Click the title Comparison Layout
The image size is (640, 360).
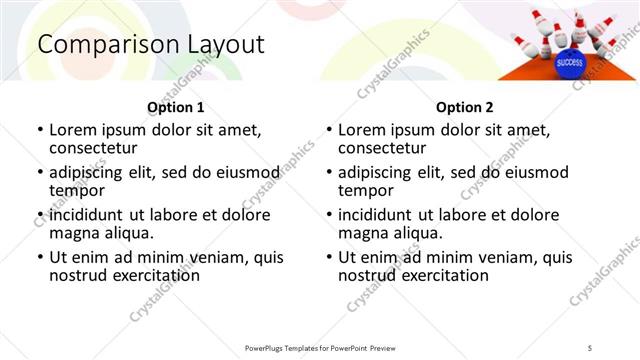coord(151,45)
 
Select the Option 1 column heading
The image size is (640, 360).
coord(176,107)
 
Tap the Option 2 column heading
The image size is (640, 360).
coord(464,107)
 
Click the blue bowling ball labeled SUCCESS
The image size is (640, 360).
coord(569,62)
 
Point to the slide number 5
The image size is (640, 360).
coord(590,347)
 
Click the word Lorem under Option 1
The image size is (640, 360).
coord(72,130)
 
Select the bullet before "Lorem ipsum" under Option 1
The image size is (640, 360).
coord(40,131)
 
